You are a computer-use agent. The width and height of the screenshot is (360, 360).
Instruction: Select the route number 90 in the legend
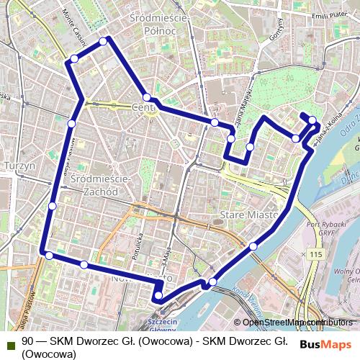(27, 342)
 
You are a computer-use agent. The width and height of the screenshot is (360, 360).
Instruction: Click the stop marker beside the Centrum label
(147, 97)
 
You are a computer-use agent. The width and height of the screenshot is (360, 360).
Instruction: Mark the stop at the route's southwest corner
(49, 255)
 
